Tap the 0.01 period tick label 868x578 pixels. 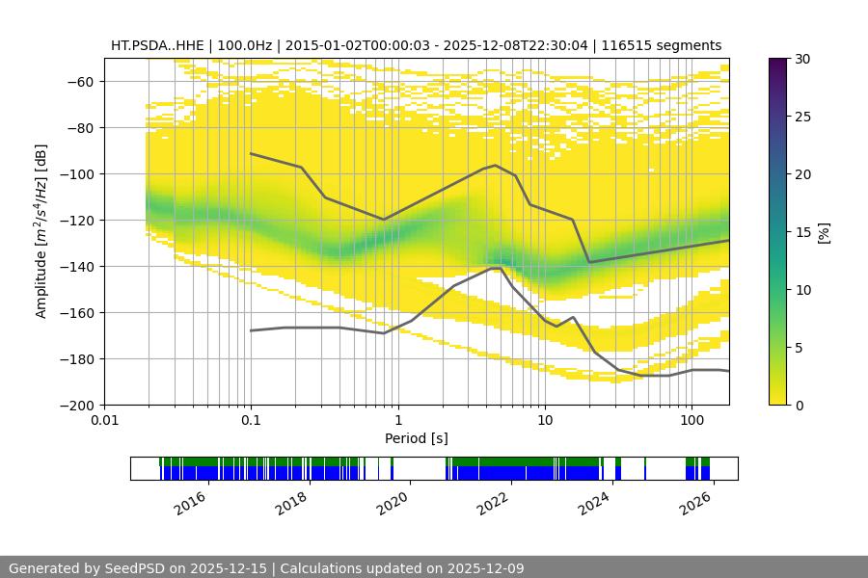click(x=104, y=421)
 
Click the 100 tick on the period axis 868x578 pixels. click(x=691, y=421)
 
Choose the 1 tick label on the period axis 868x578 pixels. click(x=397, y=421)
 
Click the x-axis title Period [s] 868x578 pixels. click(x=417, y=438)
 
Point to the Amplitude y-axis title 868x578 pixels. click(x=41, y=231)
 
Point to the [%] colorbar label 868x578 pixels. click(x=824, y=232)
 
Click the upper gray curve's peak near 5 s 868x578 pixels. click(x=496, y=165)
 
